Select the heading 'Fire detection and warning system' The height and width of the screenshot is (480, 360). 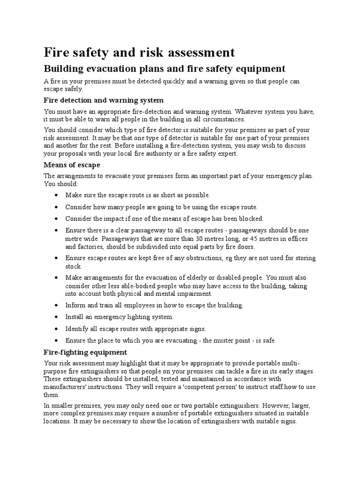[x=104, y=100]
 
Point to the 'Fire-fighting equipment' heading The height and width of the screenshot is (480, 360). [x=85, y=352]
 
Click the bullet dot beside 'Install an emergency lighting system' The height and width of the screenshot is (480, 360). [x=56, y=317]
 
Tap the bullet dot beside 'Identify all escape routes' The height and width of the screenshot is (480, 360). [x=56, y=329]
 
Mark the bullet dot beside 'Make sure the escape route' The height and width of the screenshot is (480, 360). [x=56, y=195]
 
